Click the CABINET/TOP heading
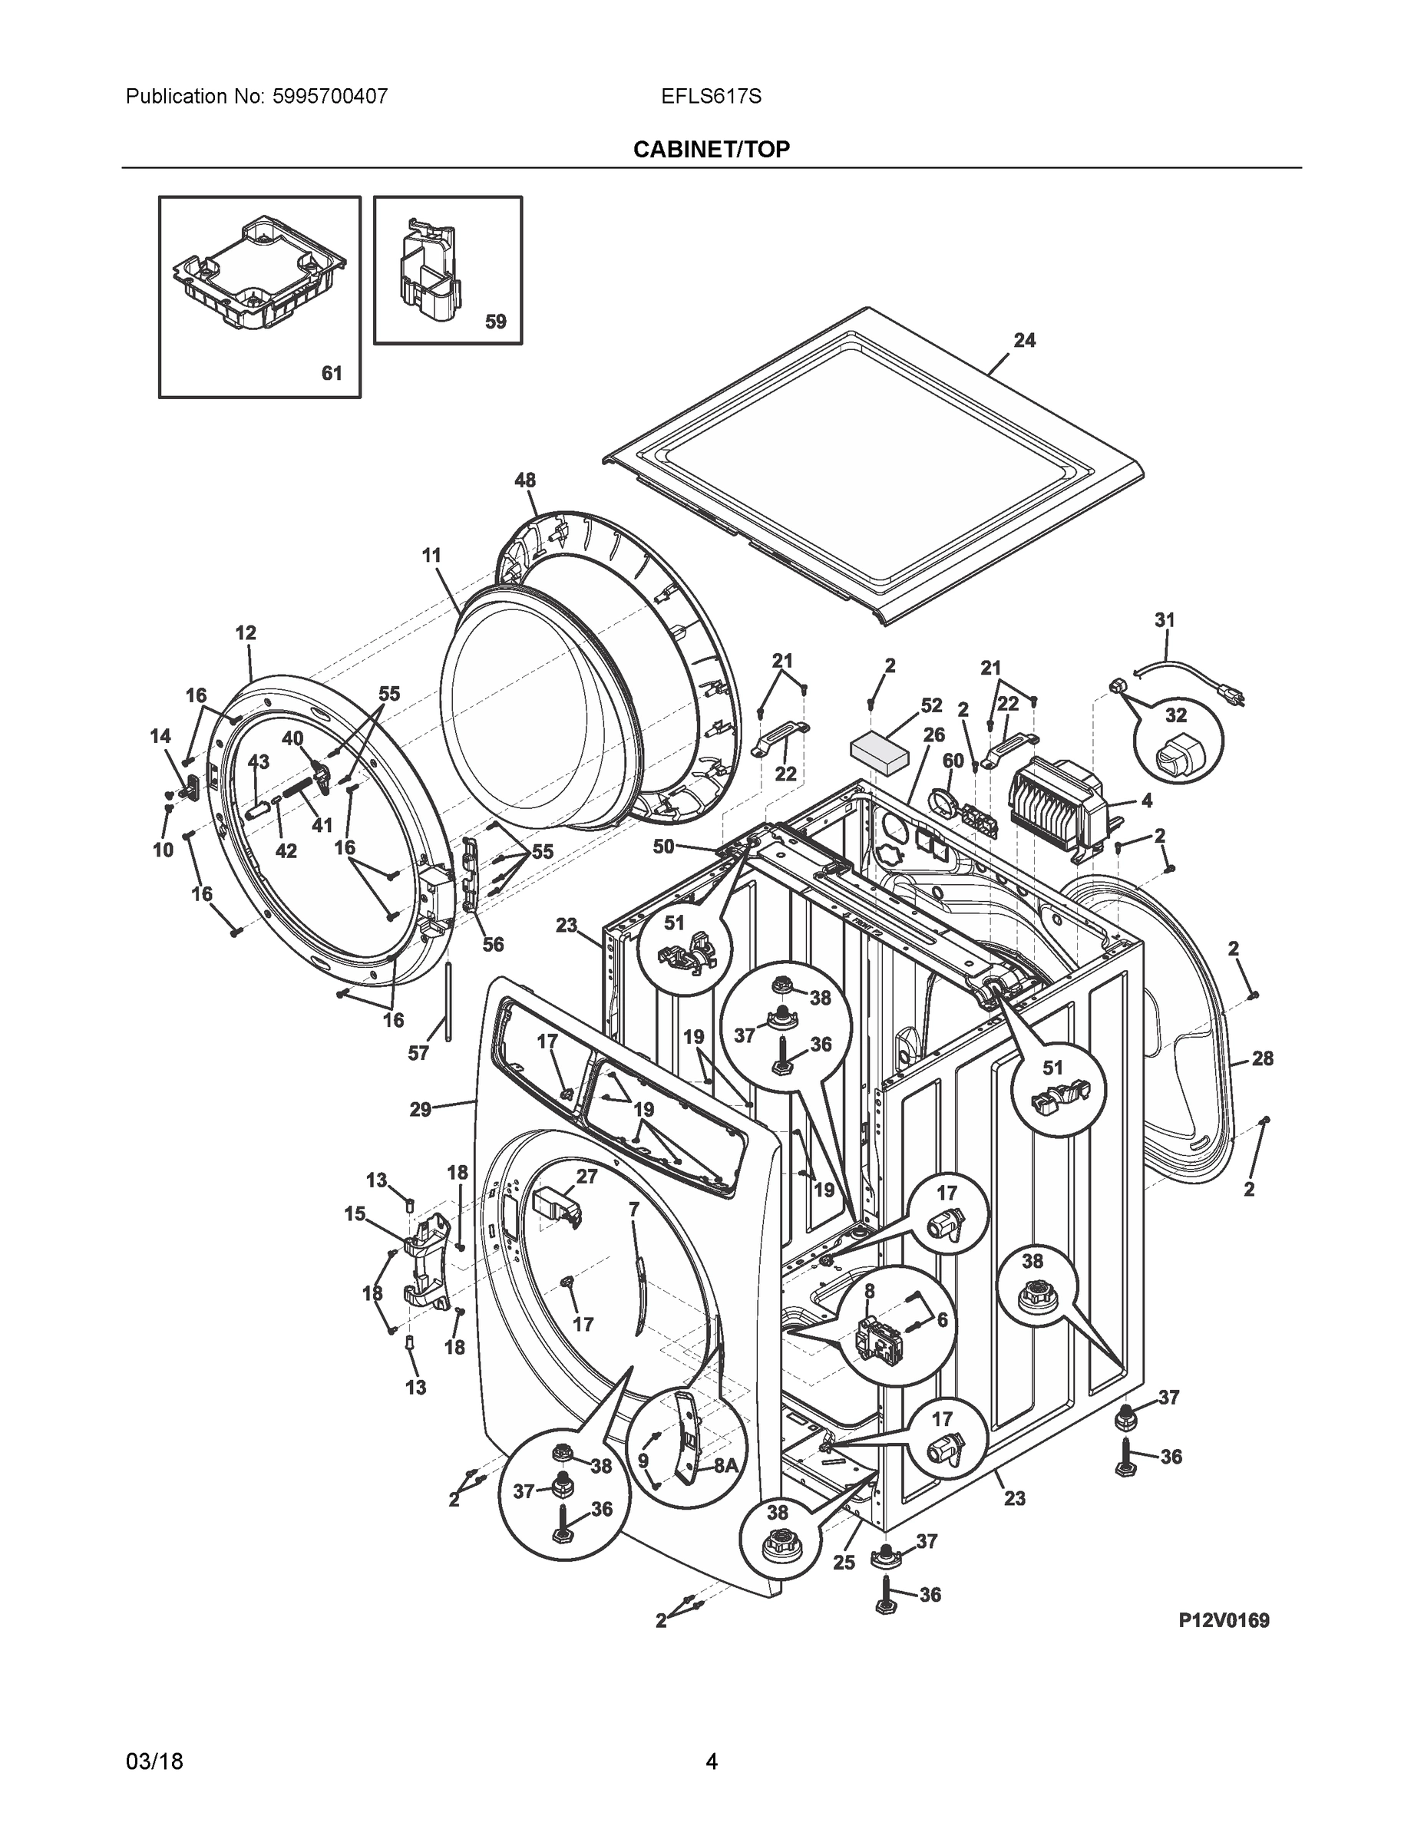coord(711,150)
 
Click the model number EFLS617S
coord(711,96)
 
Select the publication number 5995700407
coord(329,96)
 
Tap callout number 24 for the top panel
coord(1024,340)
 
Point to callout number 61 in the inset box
coord(332,372)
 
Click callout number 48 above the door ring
coord(525,480)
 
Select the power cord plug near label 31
coord(1227,696)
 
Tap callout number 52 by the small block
coord(931,705)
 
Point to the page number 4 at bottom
coord(711,1761)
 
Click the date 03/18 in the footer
coord(154,1761)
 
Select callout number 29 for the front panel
coord(420,1109)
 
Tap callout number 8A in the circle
coord(725,1465)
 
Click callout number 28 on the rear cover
coord(1262,1058)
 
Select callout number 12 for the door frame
coord(246,632)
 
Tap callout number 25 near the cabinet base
coord(844,1562)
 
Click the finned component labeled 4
coord(1059,803)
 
